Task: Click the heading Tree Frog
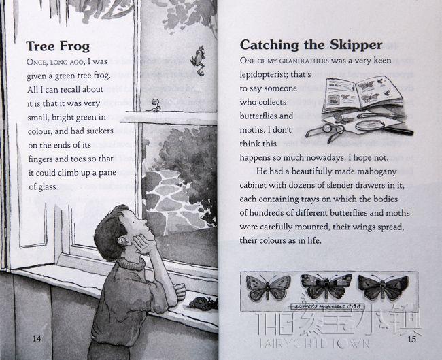[x=58, y=46]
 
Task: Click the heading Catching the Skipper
[x=311, y=45]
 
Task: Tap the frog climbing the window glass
[x=198, y=61]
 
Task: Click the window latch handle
[x=155, y=105]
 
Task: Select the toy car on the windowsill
[x=203, y=304]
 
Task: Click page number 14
[x=37, y=338]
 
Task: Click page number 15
[x=412, y=339]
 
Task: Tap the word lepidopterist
[x=264, y=74]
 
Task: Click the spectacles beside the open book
[x=326, y=131]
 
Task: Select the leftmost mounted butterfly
[x=268, y=287]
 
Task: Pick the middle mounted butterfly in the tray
[x=326, y=286]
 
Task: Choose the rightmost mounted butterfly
[x=383, y=287]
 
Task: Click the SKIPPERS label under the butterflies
[x=327, y=306]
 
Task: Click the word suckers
[x=100, y=131]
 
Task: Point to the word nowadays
[x=318, y=158]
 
